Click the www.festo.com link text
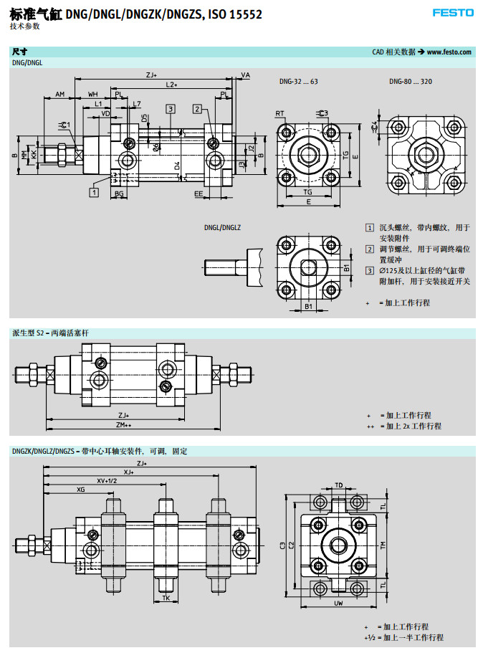click(x=449, y=52)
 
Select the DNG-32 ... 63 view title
click(x=299, y=82)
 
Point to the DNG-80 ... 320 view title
click(x=411, y=82)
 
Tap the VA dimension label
click(x=245, y=75)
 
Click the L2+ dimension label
click(x=171, y=85)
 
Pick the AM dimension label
click(x=60, y=95)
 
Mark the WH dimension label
click(x=93, y=95)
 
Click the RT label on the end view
click(x=279, y=113)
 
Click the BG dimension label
click(x=119, y=194)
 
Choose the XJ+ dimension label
click(x=128, y=472)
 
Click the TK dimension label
click(x=166, y=597)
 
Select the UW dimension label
click(x=339, y=604)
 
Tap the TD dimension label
click(x=339, y=485)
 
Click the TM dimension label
click(x=383, y=545)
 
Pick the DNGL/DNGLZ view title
click(x=222, y=227)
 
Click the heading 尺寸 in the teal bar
click(x=20, y=52)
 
